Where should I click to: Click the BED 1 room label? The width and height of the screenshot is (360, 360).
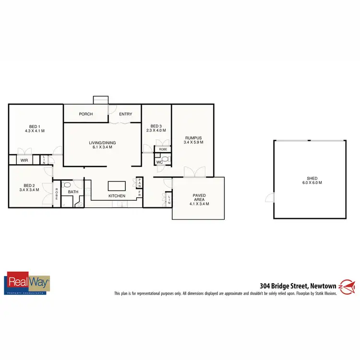[35, 126]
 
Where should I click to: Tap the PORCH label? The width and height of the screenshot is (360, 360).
[86, 114]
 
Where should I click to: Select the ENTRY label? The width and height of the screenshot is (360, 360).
[126, 114]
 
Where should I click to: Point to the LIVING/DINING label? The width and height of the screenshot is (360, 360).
[102, 143]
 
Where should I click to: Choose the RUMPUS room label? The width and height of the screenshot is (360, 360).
[192, 138]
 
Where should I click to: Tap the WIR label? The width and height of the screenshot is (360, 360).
[24, 160]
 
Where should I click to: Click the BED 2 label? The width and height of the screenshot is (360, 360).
[30, 185]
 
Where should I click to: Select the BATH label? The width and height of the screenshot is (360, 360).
[73, 192]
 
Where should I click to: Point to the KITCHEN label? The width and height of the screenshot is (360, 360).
[117, 196]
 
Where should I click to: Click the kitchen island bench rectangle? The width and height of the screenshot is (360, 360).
[117, 185]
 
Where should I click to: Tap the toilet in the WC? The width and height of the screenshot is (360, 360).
[165, 158]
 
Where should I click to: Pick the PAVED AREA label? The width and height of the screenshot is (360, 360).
[199, 195]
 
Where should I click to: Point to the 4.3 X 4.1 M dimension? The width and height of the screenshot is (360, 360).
[35, 131]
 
